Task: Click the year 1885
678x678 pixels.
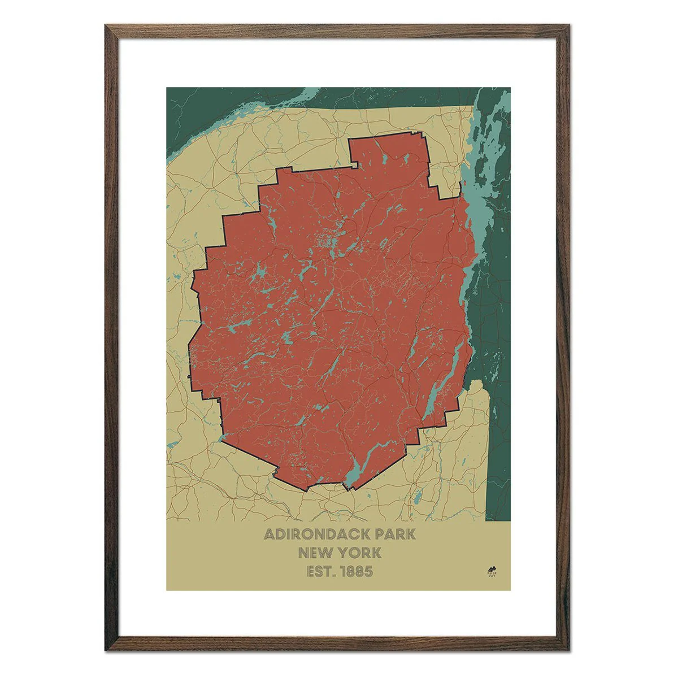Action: coord(356,571)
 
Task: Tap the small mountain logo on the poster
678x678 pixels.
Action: coord(490,570)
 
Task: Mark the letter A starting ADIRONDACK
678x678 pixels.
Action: coord(270,534)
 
